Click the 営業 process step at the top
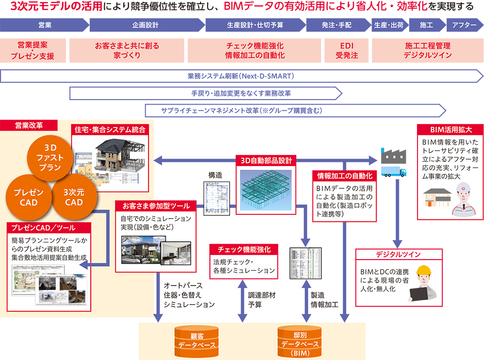point(45,25)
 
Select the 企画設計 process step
point(146,25)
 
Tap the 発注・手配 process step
point(336,25)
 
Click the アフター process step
point(464,25)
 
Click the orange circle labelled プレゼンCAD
point(28,197)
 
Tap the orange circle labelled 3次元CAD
point(74,197)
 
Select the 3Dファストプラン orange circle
point(50,159)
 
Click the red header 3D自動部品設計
point(266,161)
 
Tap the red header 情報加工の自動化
point(344,176)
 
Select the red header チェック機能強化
point(243,249)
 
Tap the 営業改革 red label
point(29,125)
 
